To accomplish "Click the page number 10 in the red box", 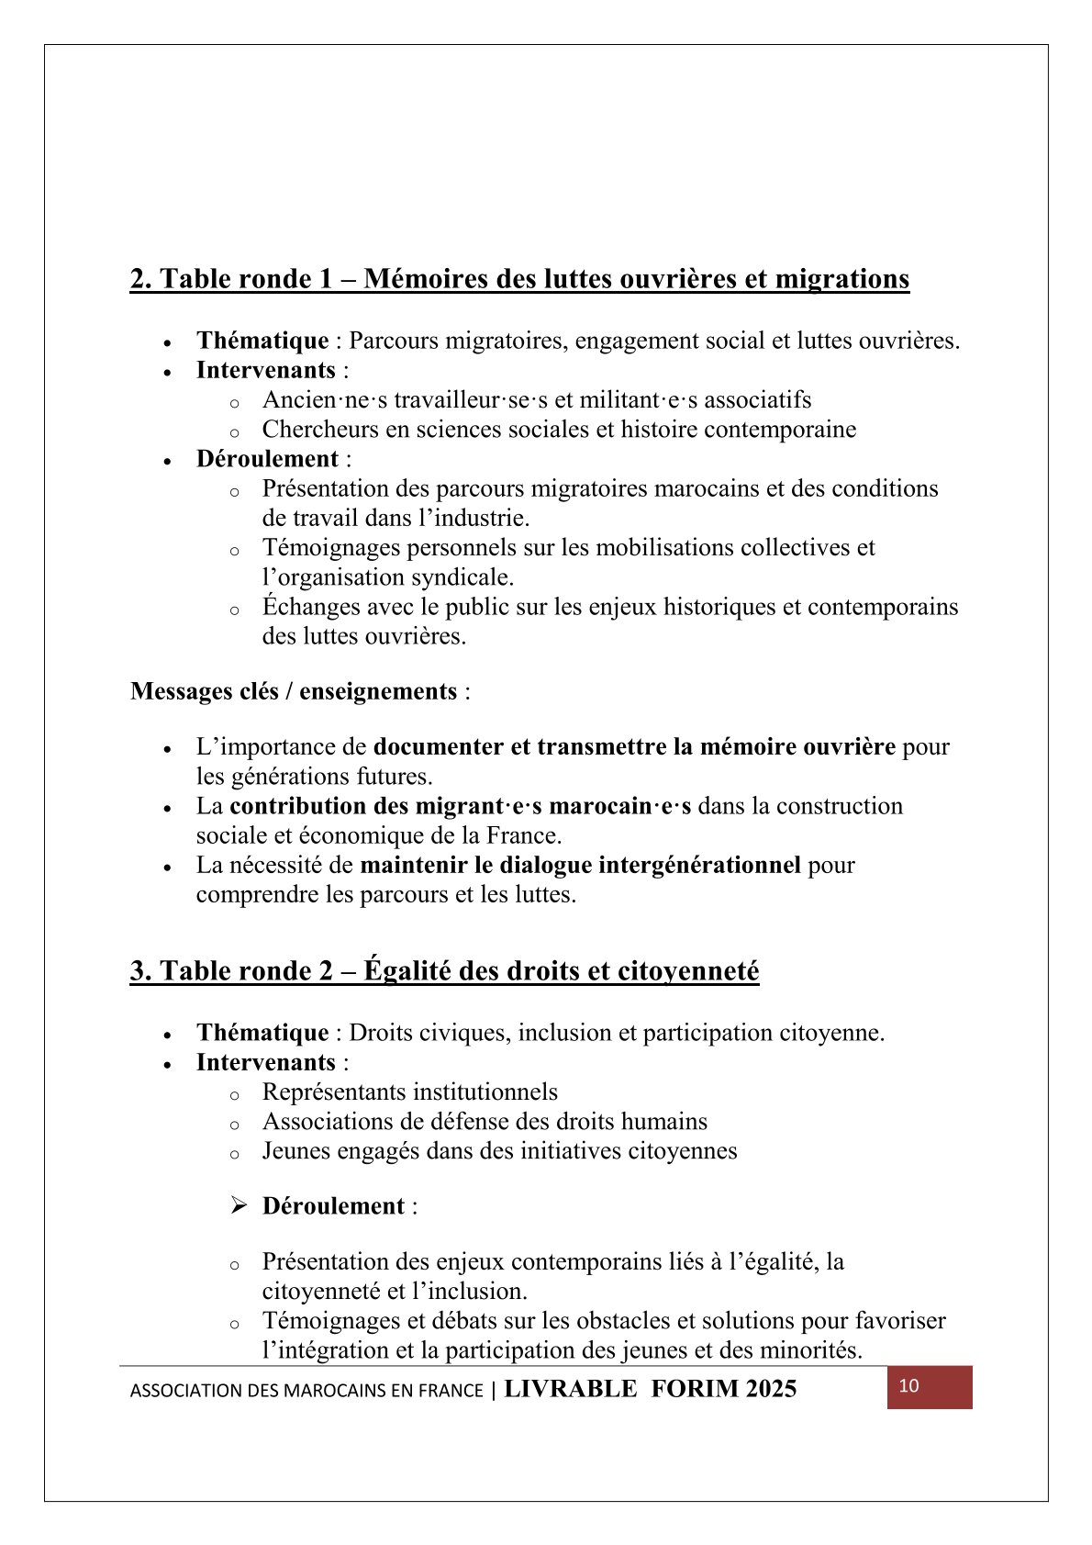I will point(908,1386).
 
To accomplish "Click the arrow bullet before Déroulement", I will point(240,1205).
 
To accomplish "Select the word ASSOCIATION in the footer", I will point(183,1391).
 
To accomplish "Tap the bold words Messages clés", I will point(205,691).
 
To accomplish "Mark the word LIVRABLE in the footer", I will point(571,1389).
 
